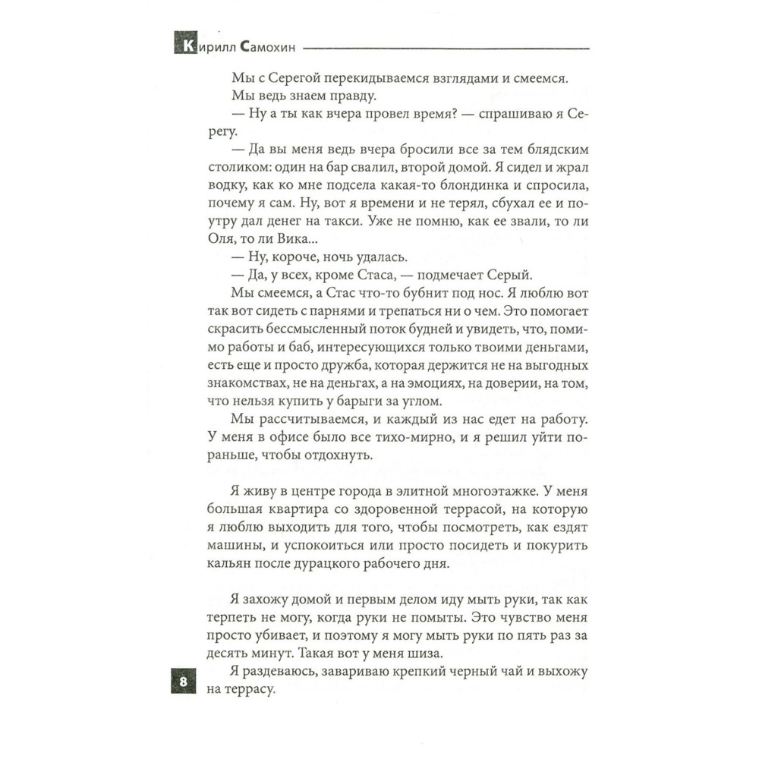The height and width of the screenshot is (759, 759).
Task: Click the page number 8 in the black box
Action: [184, 681]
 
